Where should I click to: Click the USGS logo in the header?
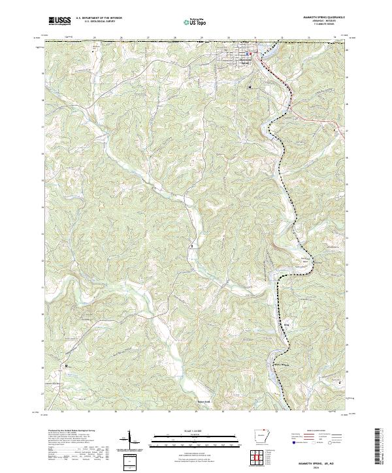point(59,21)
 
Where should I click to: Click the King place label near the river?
point(286,322)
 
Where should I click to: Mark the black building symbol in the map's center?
point(191,246)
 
